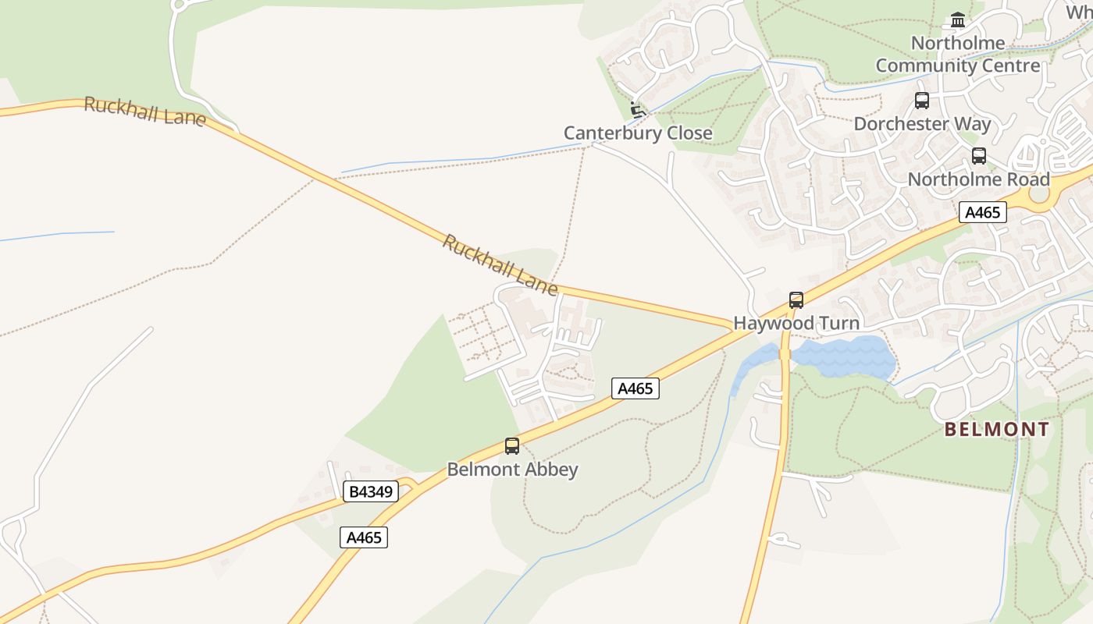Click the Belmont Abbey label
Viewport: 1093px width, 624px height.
point(512,470)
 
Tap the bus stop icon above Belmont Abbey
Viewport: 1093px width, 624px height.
point(512,446)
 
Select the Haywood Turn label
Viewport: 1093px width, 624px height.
point(796,323)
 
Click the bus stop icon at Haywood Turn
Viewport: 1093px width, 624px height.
point(796,300)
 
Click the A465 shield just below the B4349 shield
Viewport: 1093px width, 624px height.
point(364,537)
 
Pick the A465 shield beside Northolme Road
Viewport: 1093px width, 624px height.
point(982,212)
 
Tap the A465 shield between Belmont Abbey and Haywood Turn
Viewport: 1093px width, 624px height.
point(635,388)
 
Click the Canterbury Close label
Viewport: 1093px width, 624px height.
point(638,133)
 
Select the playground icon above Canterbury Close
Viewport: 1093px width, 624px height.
point(637,110)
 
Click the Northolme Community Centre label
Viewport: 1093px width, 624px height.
point(957,55)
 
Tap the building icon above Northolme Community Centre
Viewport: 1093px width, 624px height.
point(958,20)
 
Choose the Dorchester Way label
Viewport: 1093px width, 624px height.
point(922,124)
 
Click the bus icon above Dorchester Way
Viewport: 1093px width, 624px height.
point(922,101)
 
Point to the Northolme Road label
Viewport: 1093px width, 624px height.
point(978,179)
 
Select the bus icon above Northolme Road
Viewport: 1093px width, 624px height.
point(979,156)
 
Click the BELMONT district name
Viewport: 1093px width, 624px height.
point(997,430)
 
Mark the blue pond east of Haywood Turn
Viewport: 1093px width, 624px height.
point(843,356)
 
